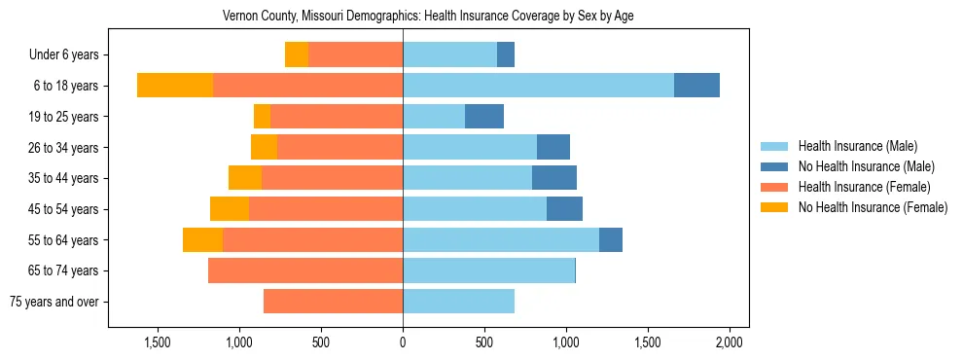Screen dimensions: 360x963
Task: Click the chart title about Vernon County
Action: click(428, 17)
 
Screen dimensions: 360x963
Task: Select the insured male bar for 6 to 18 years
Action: click(538, 85)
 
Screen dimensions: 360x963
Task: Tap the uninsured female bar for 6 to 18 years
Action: click(175, 85)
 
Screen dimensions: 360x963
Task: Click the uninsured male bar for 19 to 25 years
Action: click(484, 116)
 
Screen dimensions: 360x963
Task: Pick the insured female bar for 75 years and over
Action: click(333, 302)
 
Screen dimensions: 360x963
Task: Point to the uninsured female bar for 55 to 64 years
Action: click(202, 239)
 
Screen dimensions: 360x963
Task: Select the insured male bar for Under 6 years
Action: click(449, 54)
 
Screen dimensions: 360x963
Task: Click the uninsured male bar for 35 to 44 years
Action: click(554, 177)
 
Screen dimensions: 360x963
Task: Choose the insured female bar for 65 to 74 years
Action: click(305, 270)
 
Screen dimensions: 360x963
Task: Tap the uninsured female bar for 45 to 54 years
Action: click(230, 208)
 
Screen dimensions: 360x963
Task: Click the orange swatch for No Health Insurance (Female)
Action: click(774, 207)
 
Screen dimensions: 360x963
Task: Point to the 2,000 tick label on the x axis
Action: click(730, 342)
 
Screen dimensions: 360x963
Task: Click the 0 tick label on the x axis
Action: click(403, 342)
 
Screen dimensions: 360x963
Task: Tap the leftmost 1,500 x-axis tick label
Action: click(158, 342)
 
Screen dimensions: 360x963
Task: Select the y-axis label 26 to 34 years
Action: click(64, 147)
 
